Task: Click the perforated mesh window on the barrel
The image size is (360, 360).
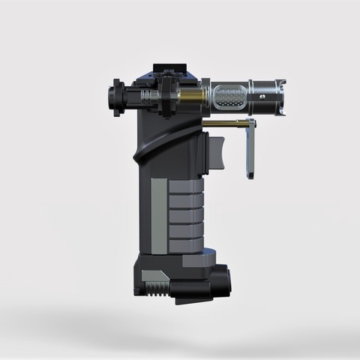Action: coord(229,95)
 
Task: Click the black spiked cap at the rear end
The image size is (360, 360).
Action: coord(114,96)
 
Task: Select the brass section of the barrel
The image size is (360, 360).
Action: coord(192,97)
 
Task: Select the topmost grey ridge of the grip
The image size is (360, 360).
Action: coord(185,186)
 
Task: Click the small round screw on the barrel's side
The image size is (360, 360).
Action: coord(262,97)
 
